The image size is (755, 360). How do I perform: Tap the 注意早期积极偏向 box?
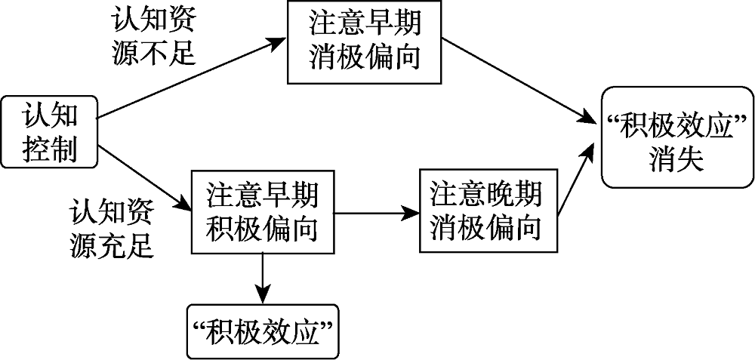[x=262, y=211]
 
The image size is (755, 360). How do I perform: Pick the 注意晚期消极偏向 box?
[x=486, y=211]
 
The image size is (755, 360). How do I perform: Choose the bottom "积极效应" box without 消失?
[x=262, y=330]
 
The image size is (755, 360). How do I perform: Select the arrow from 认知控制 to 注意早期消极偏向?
[x=189, y=78]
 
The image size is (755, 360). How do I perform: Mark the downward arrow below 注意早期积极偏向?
[x=262, y=275]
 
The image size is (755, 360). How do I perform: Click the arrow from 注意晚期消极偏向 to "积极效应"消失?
[x=575, y=181]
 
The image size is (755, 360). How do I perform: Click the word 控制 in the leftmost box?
[x=50, y=149]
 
